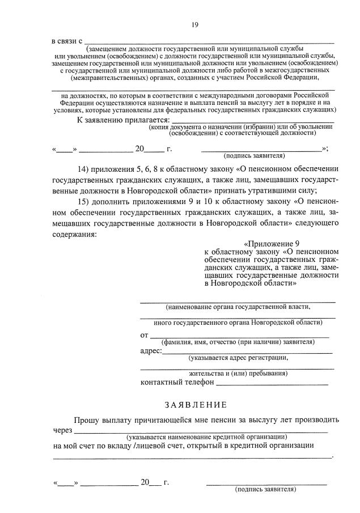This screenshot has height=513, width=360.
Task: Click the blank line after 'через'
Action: [198, 430]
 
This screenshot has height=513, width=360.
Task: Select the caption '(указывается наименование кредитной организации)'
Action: [206, 437]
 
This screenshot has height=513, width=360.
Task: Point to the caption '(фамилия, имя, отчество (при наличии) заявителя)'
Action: [238, 342]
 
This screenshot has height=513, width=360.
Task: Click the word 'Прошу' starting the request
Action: [86, 420]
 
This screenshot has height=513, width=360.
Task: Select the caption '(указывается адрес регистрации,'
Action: [239, 358]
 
